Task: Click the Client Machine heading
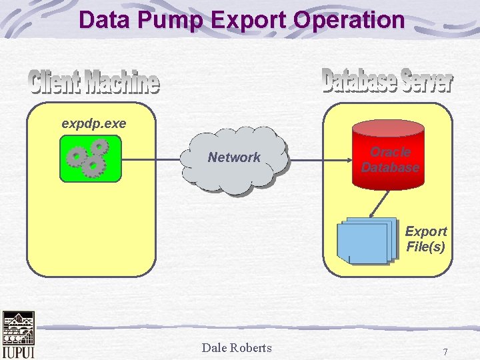pyautogui.click(x=94, y=83)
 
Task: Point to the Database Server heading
pyautogui.click(x=387, y=81)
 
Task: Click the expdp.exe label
pyautogui.click(x=93, y=123)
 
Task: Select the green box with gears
pyautogui.click(x=90, y=159)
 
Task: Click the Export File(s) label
pyautogui.click(x=426, y=239)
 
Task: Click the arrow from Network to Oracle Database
pyautogui.click(x=321, y=159)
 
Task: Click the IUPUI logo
pyautogui.click(x=18, y=335)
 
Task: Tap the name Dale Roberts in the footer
pyautogui.click(x=237, y=347)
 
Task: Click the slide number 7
pyautogui.click(x=445, y=351)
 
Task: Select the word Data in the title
pyautogui.click(x=104, y=20)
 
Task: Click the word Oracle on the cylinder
pyautogui.click(x=390, y=152)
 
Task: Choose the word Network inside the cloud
pyautogui.click(x=234, y=157)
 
